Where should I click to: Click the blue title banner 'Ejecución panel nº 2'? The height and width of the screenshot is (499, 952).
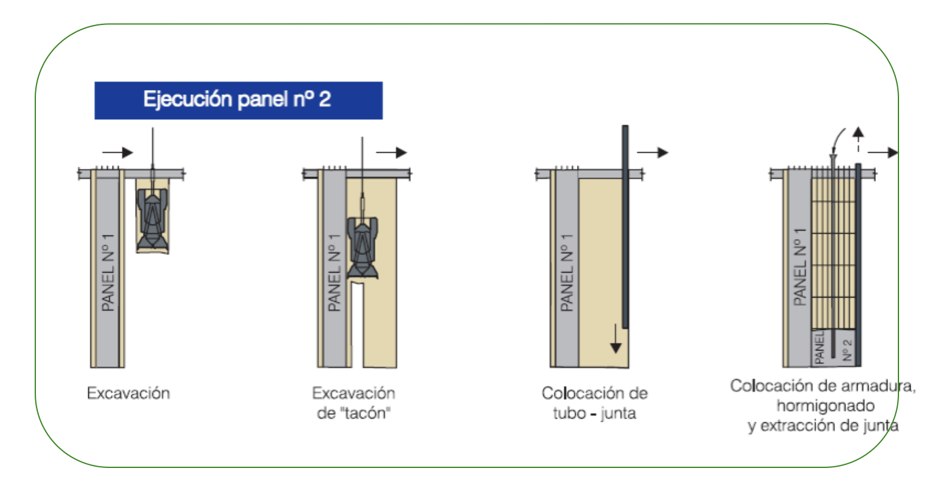pyautogui.click(x=239, y=100)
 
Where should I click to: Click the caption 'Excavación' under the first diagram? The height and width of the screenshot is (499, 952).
pyautogui.click(x=128, y=394)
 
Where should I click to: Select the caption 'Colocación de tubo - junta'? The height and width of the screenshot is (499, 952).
pyautogui.click(x=595, y=403)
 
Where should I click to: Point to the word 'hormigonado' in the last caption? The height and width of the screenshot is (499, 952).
pyautogui.click(x=825, y=407)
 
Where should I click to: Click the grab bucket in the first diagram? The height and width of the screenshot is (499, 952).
pyautogui.click(x=152, y=219)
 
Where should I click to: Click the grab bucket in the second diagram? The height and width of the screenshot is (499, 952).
pyautogui.click(x=363, y=248)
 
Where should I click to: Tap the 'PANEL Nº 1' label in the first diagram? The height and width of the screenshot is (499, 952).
pyautogui.click(x=108, y=273)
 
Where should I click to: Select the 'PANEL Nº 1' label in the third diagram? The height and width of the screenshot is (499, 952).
pyautogui.click(x=567, y=273)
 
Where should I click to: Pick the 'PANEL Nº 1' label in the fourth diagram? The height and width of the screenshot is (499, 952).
pyautogui.click(x=800, y=267)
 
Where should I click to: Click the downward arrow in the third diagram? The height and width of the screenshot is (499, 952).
pyautogui.click(x=615, y=338)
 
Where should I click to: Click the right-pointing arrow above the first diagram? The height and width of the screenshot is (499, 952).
pyautogui.click(x=117, y=152)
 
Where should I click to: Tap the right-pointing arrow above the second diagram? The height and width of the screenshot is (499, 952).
pyautogui.click(x=391, y=152)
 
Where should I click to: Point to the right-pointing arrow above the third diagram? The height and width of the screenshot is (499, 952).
pyautogui.click(x=653, y=152)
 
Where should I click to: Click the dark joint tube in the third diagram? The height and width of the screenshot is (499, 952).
pyautogui.click(x=625, y=226)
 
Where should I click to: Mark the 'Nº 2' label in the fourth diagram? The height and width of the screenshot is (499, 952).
pyautogui.click(x=847, y=350)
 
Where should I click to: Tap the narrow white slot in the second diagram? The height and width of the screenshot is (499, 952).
pyautogui.click(x=357, y=325)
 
